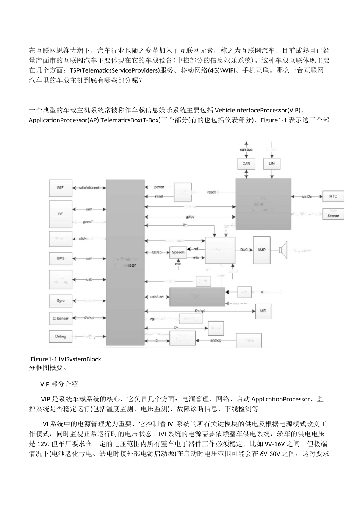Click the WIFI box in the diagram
click(x=60, y=188)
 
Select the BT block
click(x=60, y=214)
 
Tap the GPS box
click(x=60, y=258)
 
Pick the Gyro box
click(x=60, y=301)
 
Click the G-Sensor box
click(x=60, y=319)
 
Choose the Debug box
click(x=60, y=336)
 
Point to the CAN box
click(x=246, y=164)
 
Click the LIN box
click(x=272, y=164)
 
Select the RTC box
click(x=333, y=196)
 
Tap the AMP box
click(x=261, y=250)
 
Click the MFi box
click(x=263, y=311)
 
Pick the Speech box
click(x=178, y=252)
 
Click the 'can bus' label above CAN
click(x=246, y=150)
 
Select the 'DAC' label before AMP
click(x=244, y=250)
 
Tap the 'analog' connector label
click(x=216, y=340)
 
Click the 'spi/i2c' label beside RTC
click(x=305, y=197)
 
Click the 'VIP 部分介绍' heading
click(x=59, y=384)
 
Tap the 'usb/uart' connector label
click(x=157, y=297)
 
